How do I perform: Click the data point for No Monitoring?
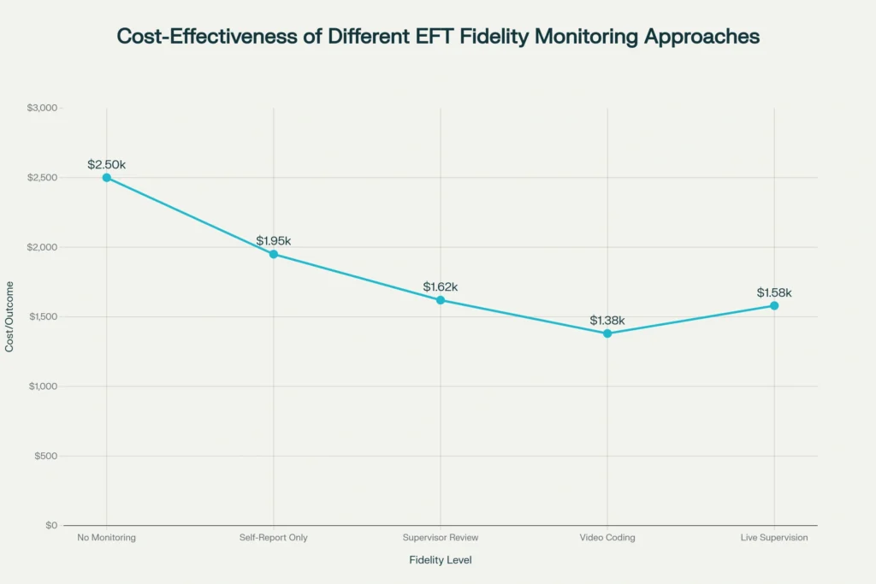(106, 178)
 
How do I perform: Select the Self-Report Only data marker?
(274, 254)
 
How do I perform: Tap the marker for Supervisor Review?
(441, 300)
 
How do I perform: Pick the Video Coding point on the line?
(607, 333)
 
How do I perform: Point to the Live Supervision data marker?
(774, 305)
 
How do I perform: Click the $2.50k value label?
(107, 163)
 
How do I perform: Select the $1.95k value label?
(274, 240)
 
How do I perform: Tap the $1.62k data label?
(441, 286)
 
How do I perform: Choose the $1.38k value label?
(607, 320)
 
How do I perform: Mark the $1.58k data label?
(774, 292)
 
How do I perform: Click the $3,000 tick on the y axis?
(42, 108)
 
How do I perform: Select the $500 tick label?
(46, 456)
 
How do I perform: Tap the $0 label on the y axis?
(51, 525)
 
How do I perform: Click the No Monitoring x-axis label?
(106, 538)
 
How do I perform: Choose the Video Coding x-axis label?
(607, 538)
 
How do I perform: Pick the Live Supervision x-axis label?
(774, 538)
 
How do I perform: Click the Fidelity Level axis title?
(441, 560)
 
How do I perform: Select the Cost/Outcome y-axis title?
(10, 316)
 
